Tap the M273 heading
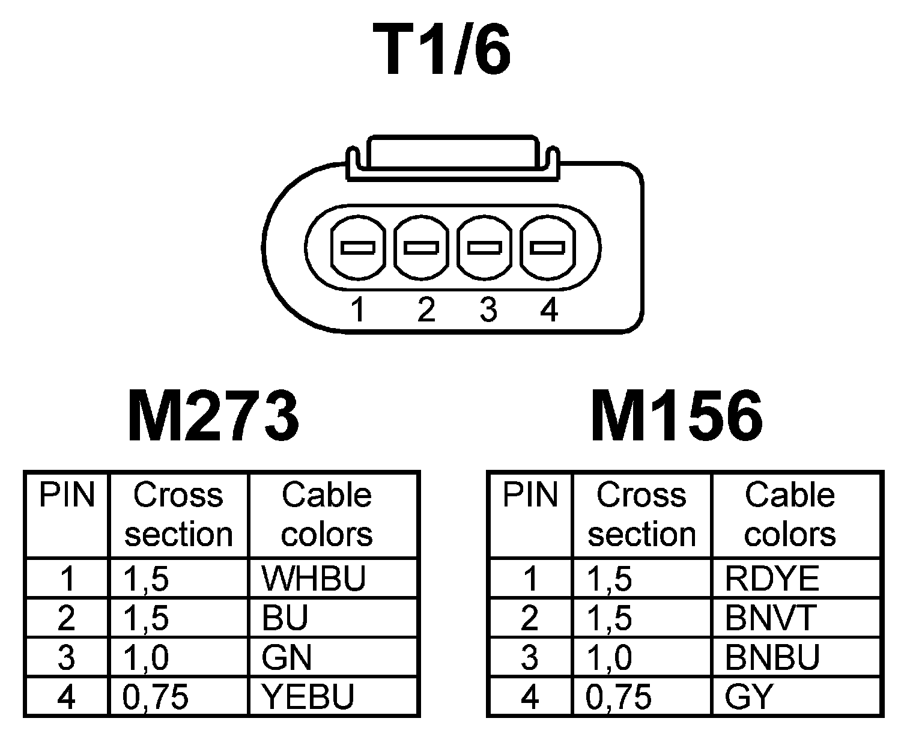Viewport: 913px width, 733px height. pyautogui.click(x=213, y=416)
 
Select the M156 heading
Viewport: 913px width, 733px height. pyautogui.click(x=677, y=416)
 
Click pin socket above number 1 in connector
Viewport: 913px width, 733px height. pyautogui.click(x=358, y=248)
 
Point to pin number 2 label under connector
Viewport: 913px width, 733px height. pyautogui.click(x=425, y=311)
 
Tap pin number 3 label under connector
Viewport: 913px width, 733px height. pyautogui.click(x=488, y=311)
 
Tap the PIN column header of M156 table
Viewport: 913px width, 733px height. pyautogui.click(x=530, y=496)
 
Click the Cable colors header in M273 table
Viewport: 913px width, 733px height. pyautogui.click(x=327, y=515)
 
